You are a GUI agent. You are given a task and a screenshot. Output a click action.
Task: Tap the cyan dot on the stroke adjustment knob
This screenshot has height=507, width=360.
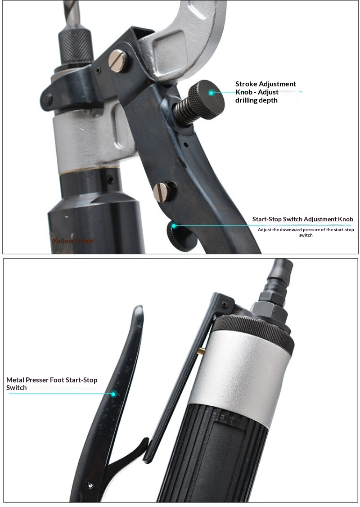211,93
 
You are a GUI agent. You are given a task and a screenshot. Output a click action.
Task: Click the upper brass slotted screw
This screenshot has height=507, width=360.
118,61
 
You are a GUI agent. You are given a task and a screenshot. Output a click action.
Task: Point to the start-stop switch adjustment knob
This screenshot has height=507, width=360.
180,236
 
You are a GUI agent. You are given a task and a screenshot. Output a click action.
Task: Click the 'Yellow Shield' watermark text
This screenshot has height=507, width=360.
73,241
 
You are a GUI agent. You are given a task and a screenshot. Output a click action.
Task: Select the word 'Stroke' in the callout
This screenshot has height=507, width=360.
246,84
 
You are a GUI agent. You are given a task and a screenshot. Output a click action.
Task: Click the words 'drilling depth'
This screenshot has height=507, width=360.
256,100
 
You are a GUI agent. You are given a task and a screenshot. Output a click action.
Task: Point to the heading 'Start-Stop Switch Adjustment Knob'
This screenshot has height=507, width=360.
302,219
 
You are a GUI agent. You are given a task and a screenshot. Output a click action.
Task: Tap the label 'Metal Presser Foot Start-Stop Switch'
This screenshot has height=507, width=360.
52,384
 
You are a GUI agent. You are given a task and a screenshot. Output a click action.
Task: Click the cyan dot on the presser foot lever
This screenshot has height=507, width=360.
113,394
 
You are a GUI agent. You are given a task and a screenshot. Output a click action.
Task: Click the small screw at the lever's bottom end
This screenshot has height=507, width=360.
90,485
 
